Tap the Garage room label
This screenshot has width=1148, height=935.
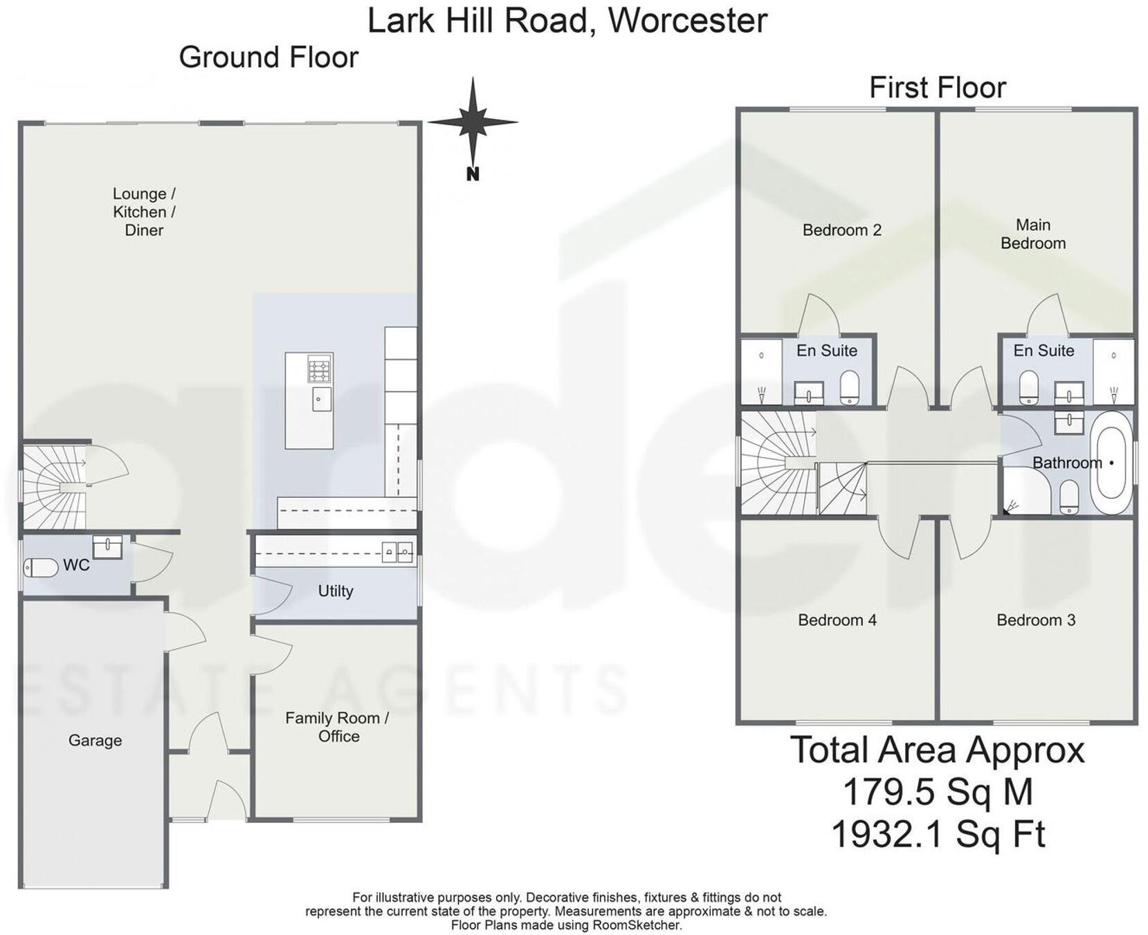coord(95,740)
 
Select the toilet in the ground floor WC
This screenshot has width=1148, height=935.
coord(41,568)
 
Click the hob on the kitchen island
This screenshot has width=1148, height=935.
coord(320,369)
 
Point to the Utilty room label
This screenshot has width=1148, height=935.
coord(336,591)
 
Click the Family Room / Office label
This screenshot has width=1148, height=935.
coord(338,727)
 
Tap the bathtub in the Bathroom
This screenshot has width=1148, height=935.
coord(1111,463)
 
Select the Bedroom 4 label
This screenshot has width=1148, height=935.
coord(837,620)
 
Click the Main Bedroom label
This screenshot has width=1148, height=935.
coord(1032,234)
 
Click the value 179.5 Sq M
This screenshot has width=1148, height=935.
coord(937,792)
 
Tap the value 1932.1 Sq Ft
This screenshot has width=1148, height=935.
coord(937,834)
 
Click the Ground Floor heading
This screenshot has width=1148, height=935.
coord(268,57)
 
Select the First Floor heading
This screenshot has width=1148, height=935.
coord(937,88)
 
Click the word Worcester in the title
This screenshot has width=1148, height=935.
coord(688,20)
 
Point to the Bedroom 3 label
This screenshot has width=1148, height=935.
coord(1035,620)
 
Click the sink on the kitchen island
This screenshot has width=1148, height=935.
coord(322,399)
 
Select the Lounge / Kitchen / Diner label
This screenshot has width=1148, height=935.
coord(144,212)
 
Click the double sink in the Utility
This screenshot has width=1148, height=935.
coord(397,552)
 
